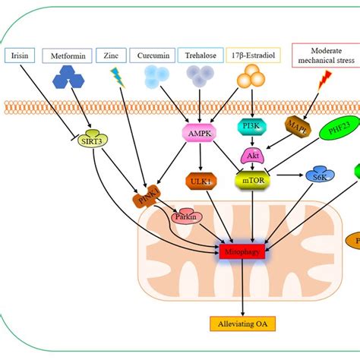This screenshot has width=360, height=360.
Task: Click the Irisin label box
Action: (22, 55)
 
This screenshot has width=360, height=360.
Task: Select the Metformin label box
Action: (71, 55)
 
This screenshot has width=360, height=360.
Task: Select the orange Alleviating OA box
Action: (242, 324)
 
